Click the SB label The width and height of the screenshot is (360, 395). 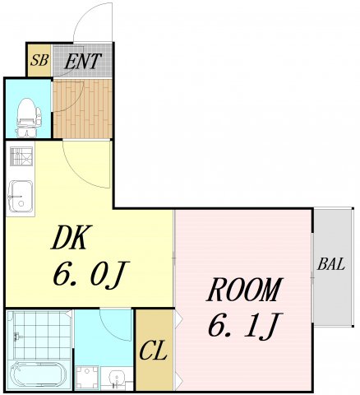tap(38, 60)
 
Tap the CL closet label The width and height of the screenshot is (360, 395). tap(154, 352)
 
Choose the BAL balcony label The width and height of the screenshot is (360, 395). tap(331, 265)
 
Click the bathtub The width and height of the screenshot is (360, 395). tap(37, 374)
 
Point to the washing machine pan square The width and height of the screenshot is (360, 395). tap(85, 378)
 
